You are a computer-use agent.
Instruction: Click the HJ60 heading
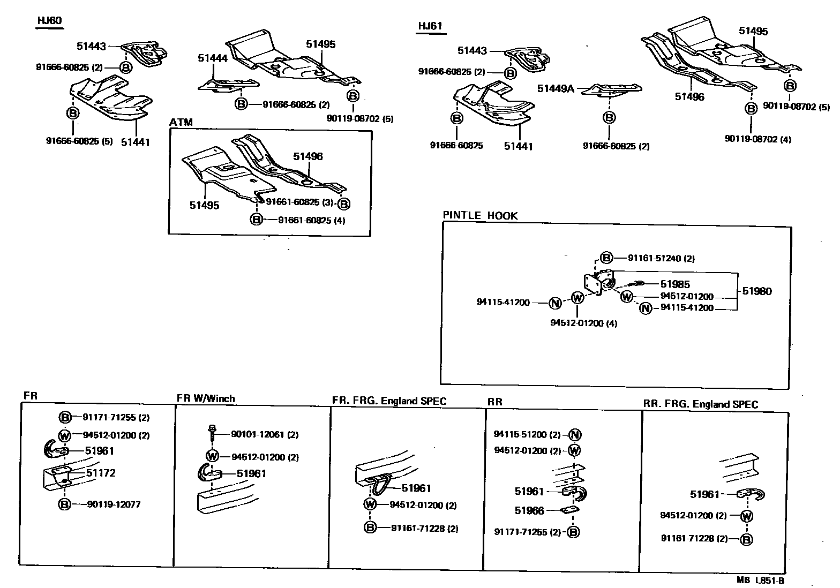(49, 21)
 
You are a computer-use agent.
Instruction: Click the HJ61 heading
(431, 26)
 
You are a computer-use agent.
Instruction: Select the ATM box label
(181, 122)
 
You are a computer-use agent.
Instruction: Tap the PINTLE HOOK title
(480, 215)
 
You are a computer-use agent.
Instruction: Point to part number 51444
(213, 58)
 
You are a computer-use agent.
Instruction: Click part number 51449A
(556, 88)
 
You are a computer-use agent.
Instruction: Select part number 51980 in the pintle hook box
(757, 291)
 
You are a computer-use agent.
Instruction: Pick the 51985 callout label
(675, 284)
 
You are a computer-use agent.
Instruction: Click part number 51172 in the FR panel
(101, 473)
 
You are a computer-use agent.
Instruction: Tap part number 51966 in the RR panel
(529, 510)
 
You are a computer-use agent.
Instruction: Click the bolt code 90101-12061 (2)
(265, 435)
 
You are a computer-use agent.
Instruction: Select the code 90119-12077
(114, 504)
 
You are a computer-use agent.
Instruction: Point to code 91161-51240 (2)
(654, 258)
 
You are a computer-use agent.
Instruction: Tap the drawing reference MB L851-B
(760, 580)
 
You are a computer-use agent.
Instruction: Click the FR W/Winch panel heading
(206, 398)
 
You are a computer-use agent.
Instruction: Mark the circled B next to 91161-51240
(606, 258)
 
